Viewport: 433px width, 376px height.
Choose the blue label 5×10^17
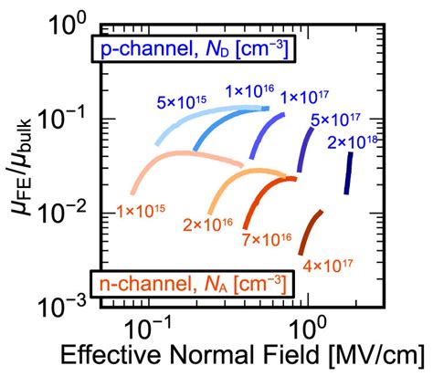(333, 119)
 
